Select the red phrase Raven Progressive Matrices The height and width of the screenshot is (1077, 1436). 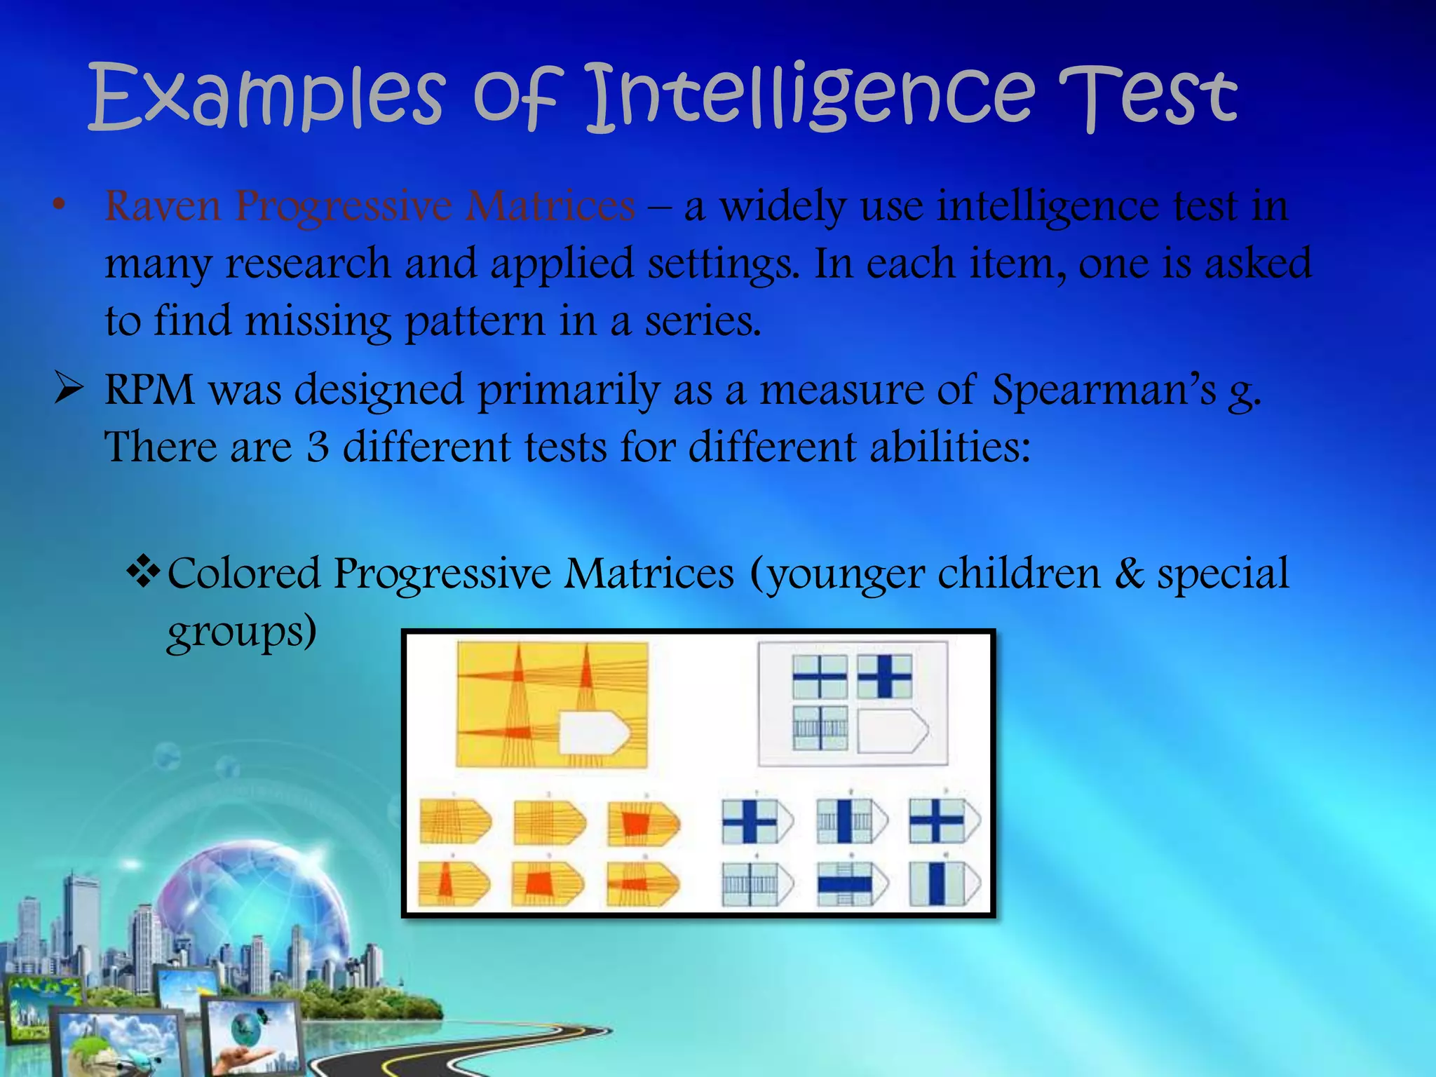click(x=370, y=207)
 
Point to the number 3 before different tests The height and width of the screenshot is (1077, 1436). click(x=318, y=447)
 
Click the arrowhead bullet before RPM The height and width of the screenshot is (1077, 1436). click(x=70, y=389)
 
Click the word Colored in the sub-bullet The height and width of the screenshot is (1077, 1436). click(x=243, y=574)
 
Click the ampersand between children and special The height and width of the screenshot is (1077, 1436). click(x=1129, y=574)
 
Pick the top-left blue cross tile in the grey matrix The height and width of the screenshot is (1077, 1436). click(x=819, y=677)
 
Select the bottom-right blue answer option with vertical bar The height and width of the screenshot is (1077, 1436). click(x=944, y=883)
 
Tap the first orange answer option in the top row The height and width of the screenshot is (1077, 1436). click(x=454, y=822)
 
